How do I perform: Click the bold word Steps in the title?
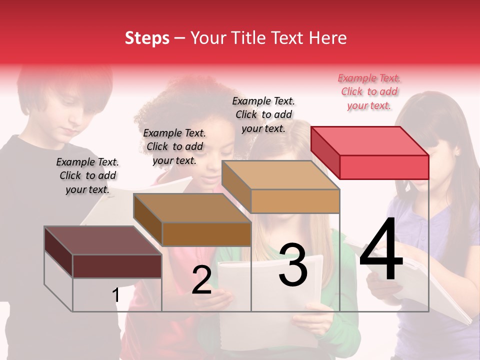pos(147,38)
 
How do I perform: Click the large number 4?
pos(381,250)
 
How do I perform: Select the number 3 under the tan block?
pos(292,265)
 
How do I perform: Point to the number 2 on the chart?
pos(201,280)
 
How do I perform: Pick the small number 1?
pos(116,295)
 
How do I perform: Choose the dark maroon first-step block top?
pos(103,240)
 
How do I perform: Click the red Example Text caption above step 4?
pos(369,91)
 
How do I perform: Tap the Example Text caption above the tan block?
pos(263,114)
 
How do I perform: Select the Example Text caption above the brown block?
pos(174,146)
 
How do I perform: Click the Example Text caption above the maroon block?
pos(87,175)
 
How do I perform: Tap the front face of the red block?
pos(384,167)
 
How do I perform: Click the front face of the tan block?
pos(295,201)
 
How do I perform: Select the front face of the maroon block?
pos(117,266)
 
